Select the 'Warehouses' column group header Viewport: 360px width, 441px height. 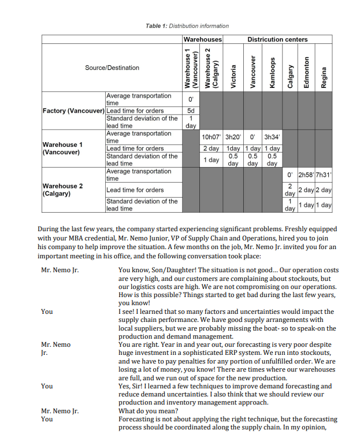click(x=202, y=39)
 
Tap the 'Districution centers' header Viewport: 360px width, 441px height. click(x=277, y=39)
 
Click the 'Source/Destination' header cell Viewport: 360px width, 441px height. click(x=112, y=68)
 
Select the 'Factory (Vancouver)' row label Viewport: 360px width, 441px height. click(x=73, y=110)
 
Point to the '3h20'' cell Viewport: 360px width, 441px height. click(x=233, y=137)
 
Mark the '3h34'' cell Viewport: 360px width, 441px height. click(x=272, y=137)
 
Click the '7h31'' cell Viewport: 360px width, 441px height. click(x=324, y=175)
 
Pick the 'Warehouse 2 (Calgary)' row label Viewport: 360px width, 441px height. click(x=62, y=190)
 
